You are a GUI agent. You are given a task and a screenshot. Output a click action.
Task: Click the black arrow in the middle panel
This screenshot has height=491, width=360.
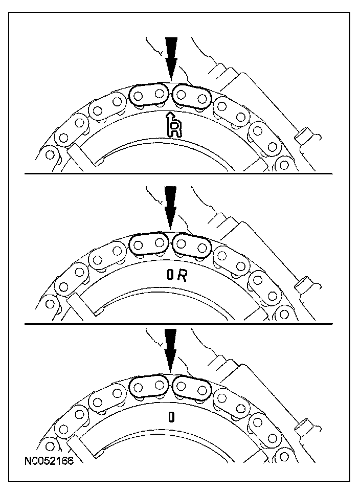click(171, 207)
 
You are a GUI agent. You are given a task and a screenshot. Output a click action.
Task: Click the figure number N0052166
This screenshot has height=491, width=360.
click(49, 462)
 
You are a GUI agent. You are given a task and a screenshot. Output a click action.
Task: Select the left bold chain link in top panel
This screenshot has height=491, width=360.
click(149, 94)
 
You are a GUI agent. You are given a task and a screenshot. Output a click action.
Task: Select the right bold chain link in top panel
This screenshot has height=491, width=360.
click(192, 95)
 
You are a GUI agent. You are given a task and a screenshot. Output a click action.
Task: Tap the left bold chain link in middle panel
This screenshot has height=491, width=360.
click(149, 244)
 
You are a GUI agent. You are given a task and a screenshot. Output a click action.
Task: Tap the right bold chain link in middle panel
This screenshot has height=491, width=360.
click(192, 245)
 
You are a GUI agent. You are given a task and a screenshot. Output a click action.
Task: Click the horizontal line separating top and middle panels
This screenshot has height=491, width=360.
click(179, 174)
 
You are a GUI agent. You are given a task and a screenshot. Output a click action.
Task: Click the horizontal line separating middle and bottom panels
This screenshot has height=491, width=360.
click(179, 324)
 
